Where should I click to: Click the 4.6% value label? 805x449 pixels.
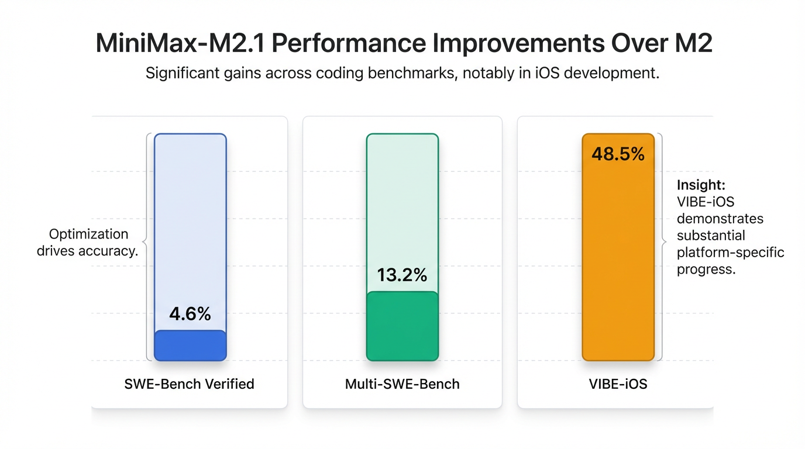point(190,314)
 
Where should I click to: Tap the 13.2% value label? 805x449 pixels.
point(402,275)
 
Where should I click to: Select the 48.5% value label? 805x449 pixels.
point(618,154)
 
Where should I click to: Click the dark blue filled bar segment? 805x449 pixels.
point(190,346)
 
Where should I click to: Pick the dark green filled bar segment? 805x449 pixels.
point(402,326)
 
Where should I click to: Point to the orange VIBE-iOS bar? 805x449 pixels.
point(618,257)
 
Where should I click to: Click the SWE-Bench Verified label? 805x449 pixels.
point(190,384)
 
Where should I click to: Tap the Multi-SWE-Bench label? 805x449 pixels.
point(402,384)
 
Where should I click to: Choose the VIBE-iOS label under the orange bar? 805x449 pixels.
point(618,384)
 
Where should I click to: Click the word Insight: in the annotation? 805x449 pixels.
point(701,185)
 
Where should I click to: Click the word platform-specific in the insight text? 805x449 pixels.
point(730,253)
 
